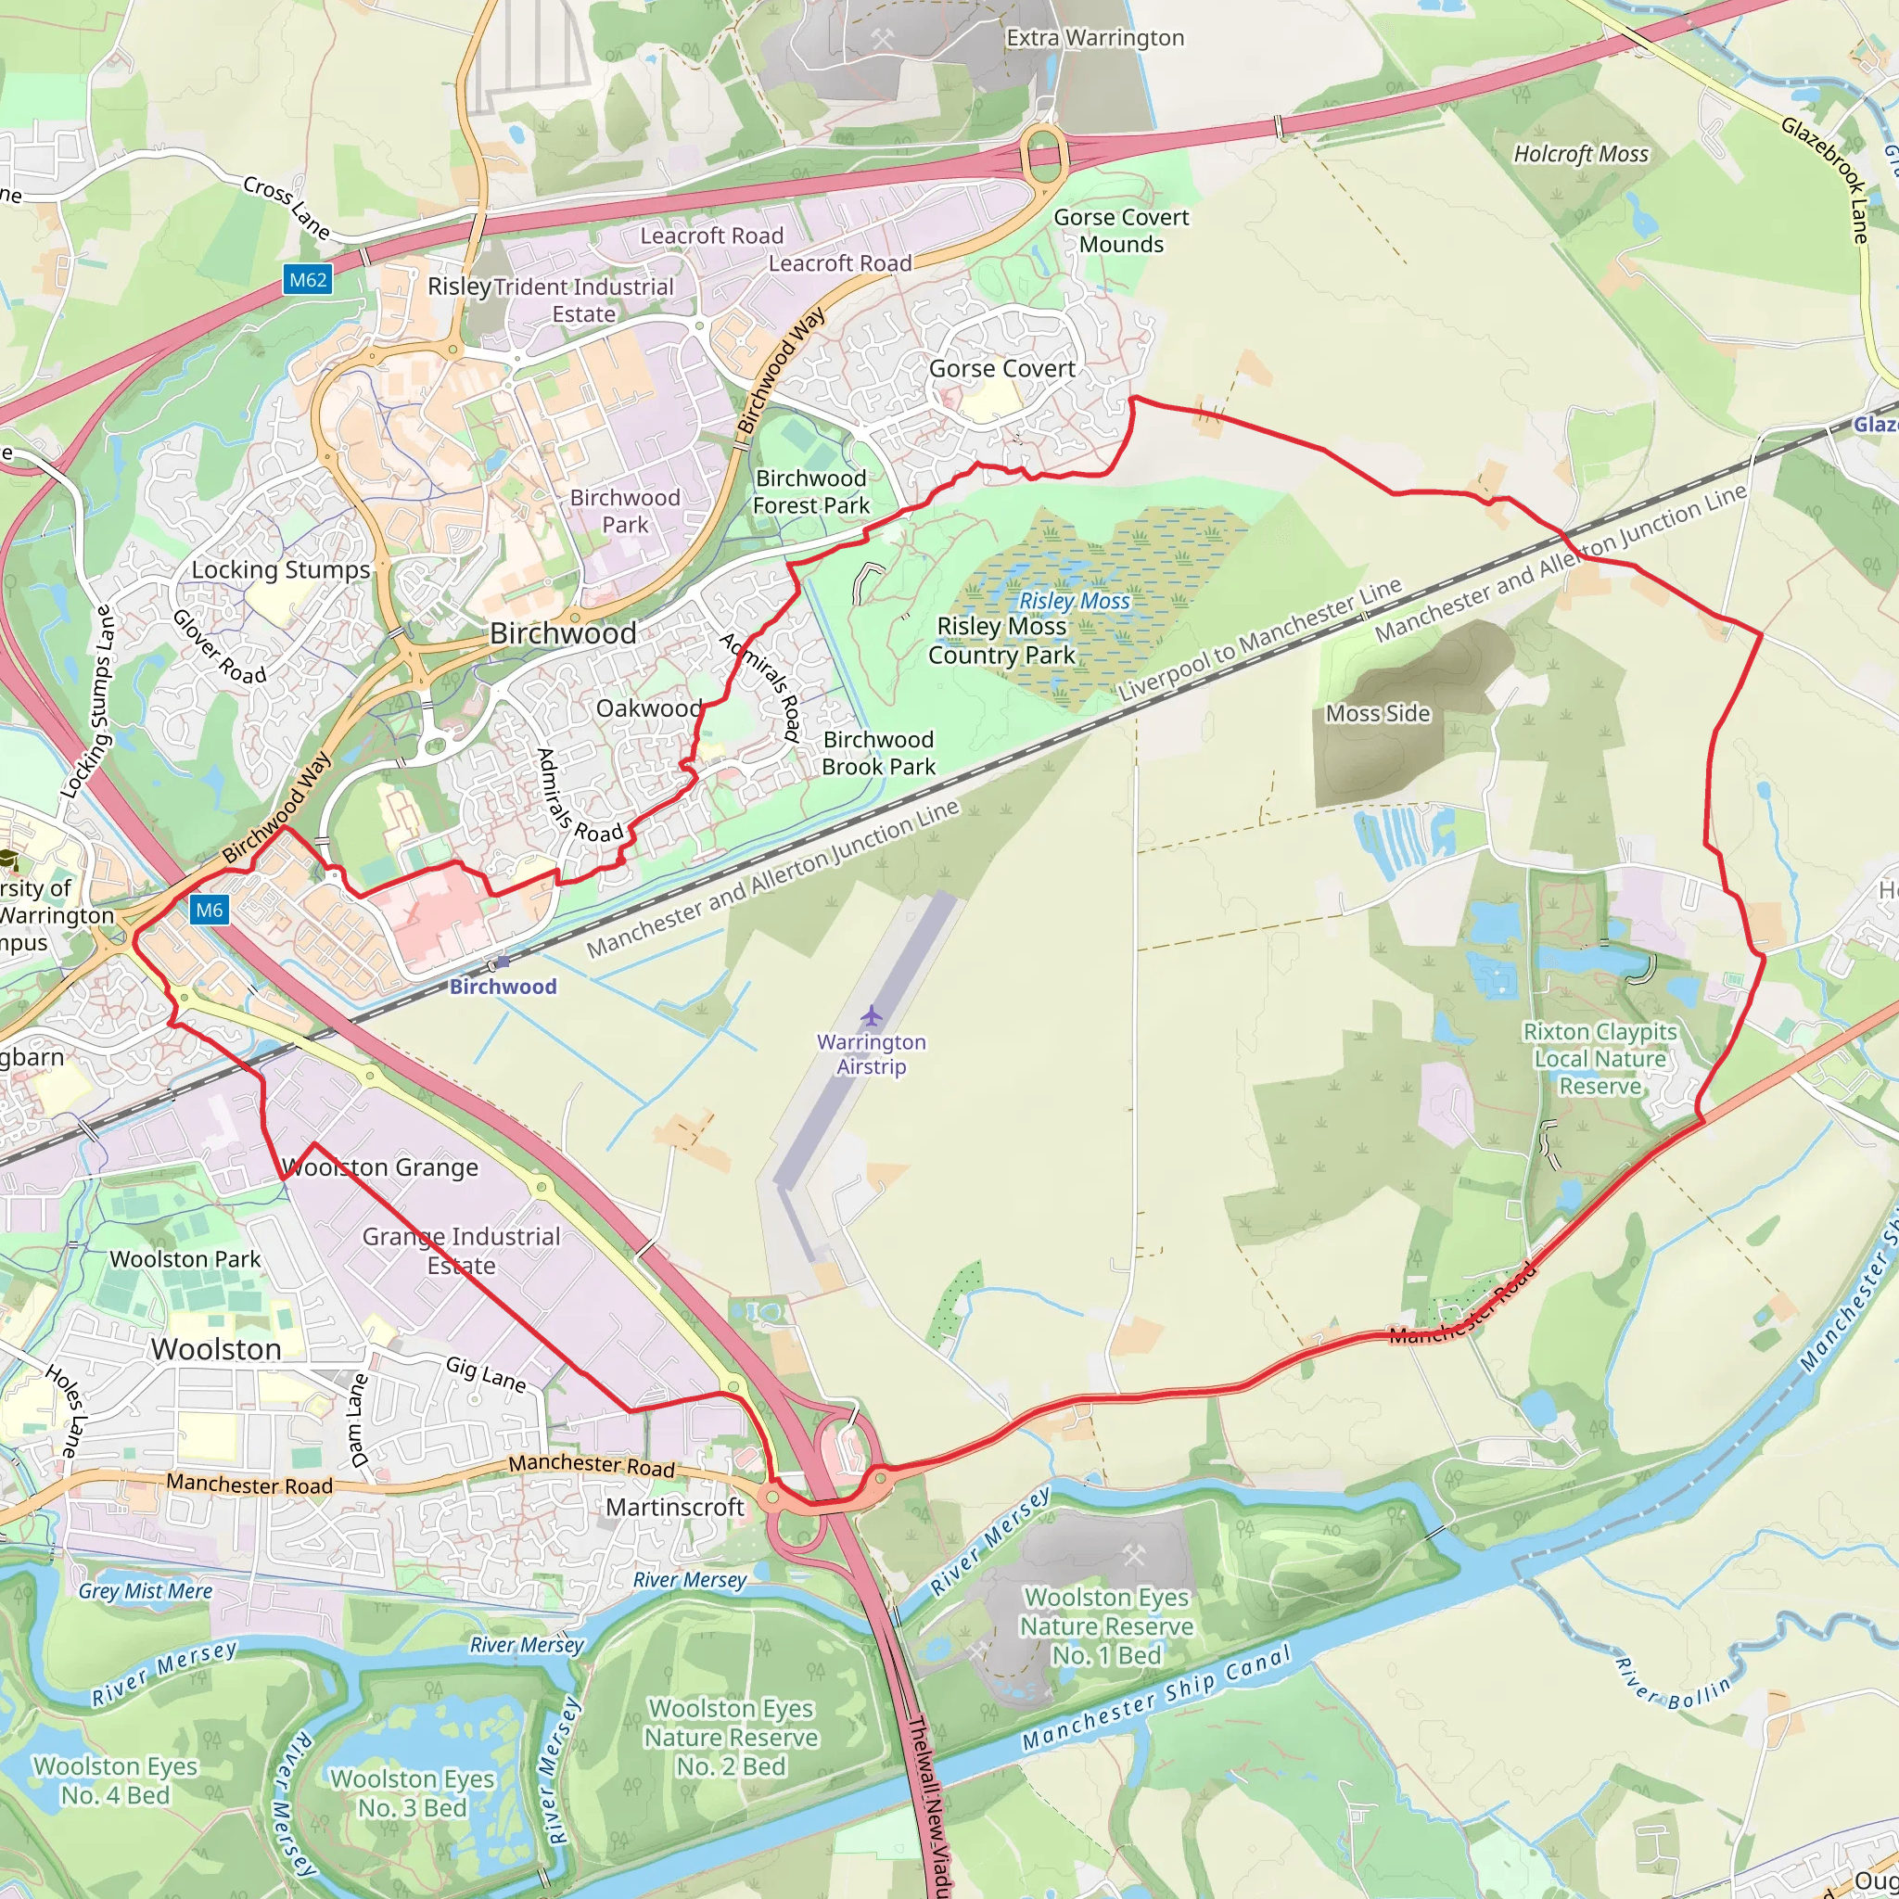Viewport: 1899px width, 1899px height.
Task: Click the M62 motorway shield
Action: click(308, 280)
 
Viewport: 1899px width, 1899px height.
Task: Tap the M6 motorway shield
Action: click(210, 910)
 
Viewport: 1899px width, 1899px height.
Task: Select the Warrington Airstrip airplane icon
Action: click(871, 1015)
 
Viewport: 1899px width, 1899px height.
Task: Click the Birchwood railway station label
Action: click(503, 986)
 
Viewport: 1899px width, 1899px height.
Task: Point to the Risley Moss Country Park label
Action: click(1000, 640)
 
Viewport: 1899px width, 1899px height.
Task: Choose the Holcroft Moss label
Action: click(1581, 154)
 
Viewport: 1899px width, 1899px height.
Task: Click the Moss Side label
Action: click(1377, 714)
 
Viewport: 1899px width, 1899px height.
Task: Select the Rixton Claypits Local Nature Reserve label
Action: click(1600, 1059)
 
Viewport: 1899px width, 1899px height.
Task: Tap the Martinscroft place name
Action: click(674, 1507)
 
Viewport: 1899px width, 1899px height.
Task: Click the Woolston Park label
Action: click(185, 1259)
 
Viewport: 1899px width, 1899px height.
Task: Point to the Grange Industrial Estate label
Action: click(461, 1250)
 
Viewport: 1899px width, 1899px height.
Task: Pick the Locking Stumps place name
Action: click(280, 570)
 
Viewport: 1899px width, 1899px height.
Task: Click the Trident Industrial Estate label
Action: click(584, 300)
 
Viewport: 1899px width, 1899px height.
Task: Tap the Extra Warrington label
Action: click(1095, 38)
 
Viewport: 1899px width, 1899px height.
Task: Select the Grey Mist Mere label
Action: click(146, 1590)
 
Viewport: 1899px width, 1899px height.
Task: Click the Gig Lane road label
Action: click(486, 1373)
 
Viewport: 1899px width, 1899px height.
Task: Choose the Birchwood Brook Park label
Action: click(879, 753)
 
